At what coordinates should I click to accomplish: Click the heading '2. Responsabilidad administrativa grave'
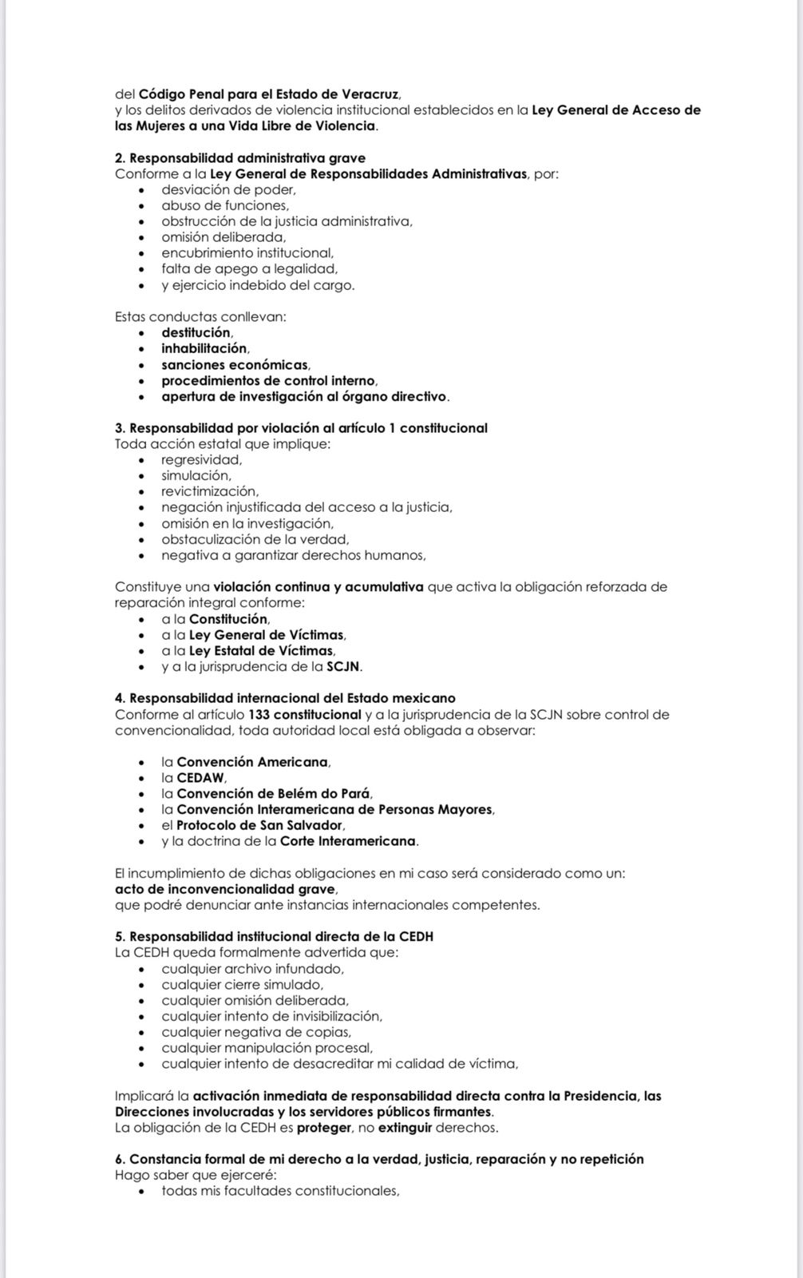click(240, 158)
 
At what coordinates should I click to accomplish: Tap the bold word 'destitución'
click(196, 332)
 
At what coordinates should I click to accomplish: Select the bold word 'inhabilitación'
click(204, 348)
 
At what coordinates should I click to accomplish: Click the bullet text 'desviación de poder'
click(227, 189)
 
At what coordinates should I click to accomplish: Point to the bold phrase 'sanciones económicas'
click(235, 365)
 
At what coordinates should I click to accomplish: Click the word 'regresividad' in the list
click(200, 459)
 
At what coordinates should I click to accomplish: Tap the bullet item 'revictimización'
click(209, 491)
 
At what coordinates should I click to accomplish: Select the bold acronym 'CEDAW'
click(201, 777)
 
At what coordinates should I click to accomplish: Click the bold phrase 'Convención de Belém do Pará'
click(273, 793)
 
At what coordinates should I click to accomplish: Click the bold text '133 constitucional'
click(305, 714)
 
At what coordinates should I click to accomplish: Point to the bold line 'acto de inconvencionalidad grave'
click(225, 889)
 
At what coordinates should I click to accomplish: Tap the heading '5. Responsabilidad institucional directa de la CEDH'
click(274, 936)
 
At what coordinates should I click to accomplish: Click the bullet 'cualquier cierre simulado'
click(241, 984)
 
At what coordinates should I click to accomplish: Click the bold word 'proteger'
click(324, 1128)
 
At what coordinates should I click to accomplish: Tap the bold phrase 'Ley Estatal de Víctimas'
click(261, 651)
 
